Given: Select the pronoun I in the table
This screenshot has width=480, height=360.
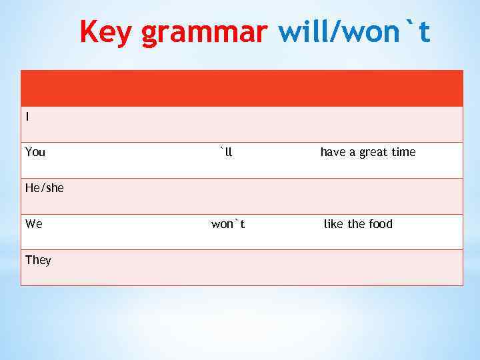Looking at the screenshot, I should [x=27, y=117].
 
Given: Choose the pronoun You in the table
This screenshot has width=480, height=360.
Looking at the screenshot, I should [x=35, y=152].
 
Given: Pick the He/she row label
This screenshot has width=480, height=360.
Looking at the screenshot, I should [x=45, y=188].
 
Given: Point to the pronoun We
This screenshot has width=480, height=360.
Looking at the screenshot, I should [x=34, y=224].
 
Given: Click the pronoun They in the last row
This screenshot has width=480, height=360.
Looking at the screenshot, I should [x=38, y=260].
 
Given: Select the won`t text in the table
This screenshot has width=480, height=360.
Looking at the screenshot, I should [x=228, y=224].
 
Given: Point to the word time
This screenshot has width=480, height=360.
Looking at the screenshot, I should [x=403, y=152].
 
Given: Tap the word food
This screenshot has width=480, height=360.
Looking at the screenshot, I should [x=380, y=224].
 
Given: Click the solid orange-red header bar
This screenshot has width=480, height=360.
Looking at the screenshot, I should [x=241, y=88].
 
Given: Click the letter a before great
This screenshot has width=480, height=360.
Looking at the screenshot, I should [x=353, y=153].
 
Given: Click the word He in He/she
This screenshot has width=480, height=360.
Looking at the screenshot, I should [x=32, y=188].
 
